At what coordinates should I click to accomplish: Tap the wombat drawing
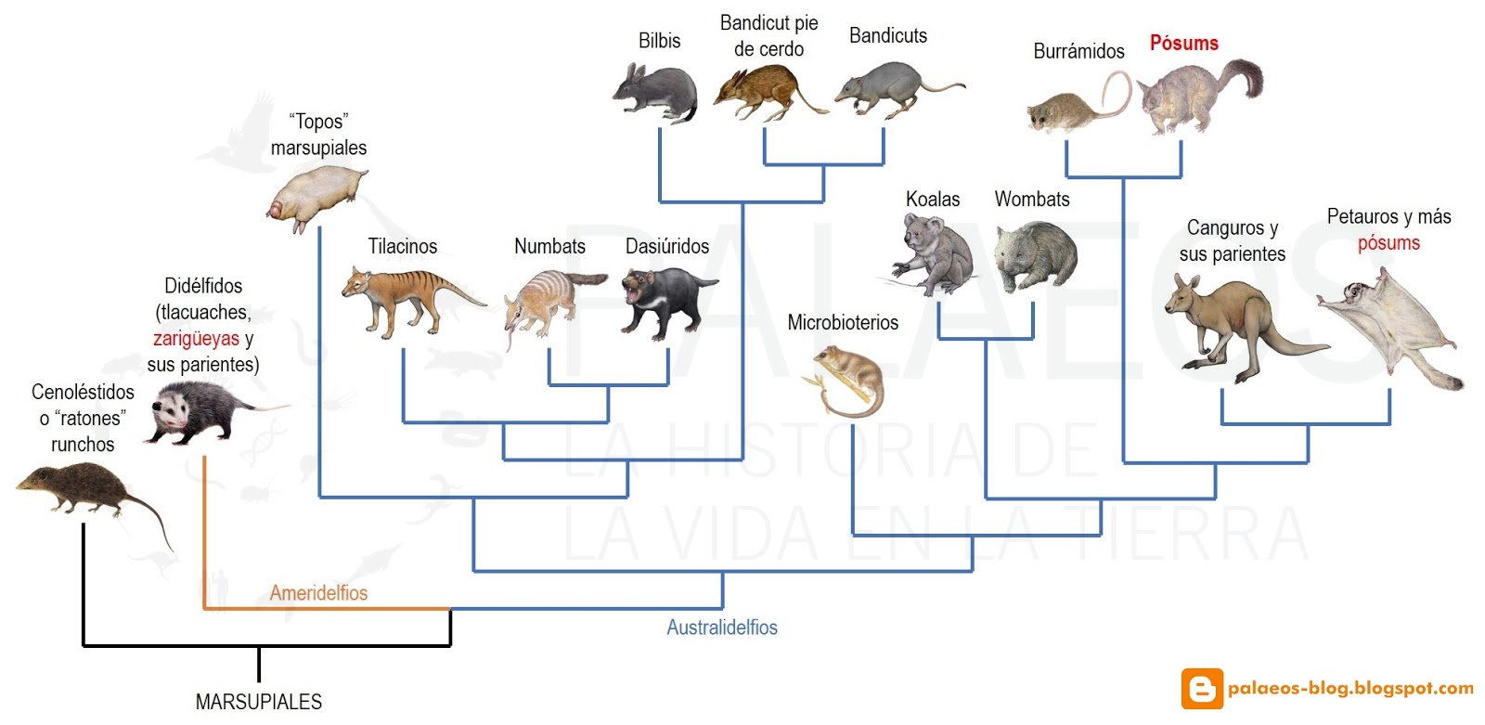click(1035, 255)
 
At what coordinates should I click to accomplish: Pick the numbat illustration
click(548, 302)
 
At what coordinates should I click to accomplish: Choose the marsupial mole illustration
click(316, 195)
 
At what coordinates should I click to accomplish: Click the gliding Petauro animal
click(1388, 320)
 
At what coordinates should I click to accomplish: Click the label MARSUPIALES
click(259, 702)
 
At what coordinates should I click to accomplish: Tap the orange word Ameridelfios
click(318, 592)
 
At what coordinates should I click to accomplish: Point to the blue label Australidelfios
click(722, 628)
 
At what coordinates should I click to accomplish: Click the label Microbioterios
click(843, 322)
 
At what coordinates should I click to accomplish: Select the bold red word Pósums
click(1183, 43)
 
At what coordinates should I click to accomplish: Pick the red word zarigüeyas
click(196, 338)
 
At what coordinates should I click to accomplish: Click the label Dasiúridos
click(667, 246)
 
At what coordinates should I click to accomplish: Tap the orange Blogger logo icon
click(1201, 689)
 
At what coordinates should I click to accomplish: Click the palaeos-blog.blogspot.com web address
click(1350, 688)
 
